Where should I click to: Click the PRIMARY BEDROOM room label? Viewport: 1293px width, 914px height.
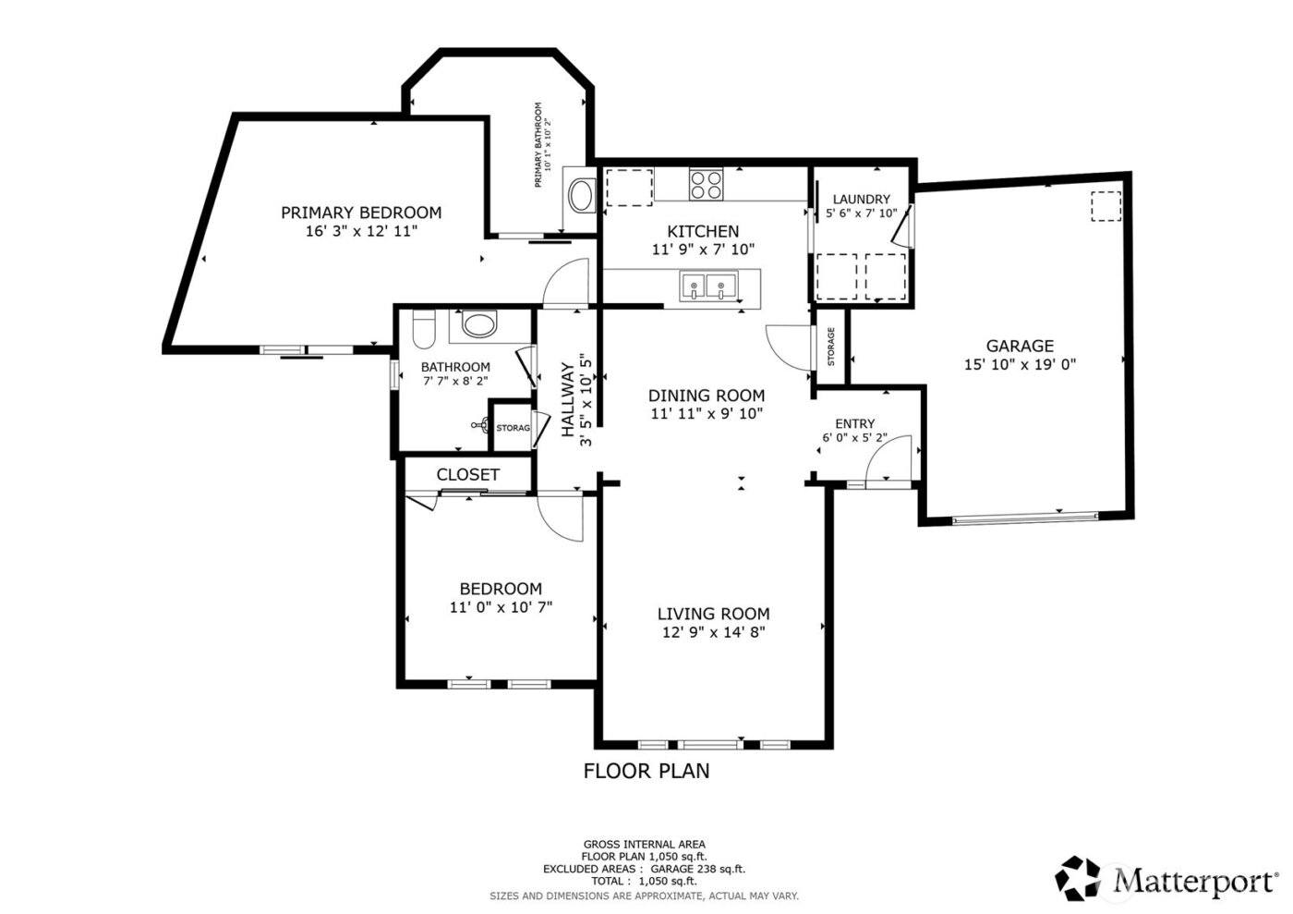tap(361, 213)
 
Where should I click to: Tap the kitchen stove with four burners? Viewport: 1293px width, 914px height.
tap(707, 185)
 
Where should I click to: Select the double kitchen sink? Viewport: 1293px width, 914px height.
tap(708, 286)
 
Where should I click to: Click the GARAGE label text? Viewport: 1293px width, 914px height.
tap(1020, 346)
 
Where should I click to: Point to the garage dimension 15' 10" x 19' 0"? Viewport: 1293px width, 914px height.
tap(1020, 365)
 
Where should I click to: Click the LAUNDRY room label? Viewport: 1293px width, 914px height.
tap(861, 199)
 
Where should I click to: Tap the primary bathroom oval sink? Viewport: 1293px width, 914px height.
tap(582, 196)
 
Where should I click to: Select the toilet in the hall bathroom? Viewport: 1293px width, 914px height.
tap(424, 328)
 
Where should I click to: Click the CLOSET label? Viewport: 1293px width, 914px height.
tap(467, 474)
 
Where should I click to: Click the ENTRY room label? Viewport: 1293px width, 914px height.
tap(854, 423)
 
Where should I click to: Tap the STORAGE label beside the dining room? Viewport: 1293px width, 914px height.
tap(830, 347)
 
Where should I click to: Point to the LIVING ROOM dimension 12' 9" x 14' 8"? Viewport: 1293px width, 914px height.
tap(713, 633)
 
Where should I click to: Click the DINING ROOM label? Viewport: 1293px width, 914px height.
tap(707, 395)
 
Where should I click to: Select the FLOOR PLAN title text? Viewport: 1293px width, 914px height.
tap(646, 770)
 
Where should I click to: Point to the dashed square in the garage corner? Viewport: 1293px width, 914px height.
tap(1105, 206)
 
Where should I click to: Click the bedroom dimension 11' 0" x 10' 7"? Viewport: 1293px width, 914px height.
tap(501, 608)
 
